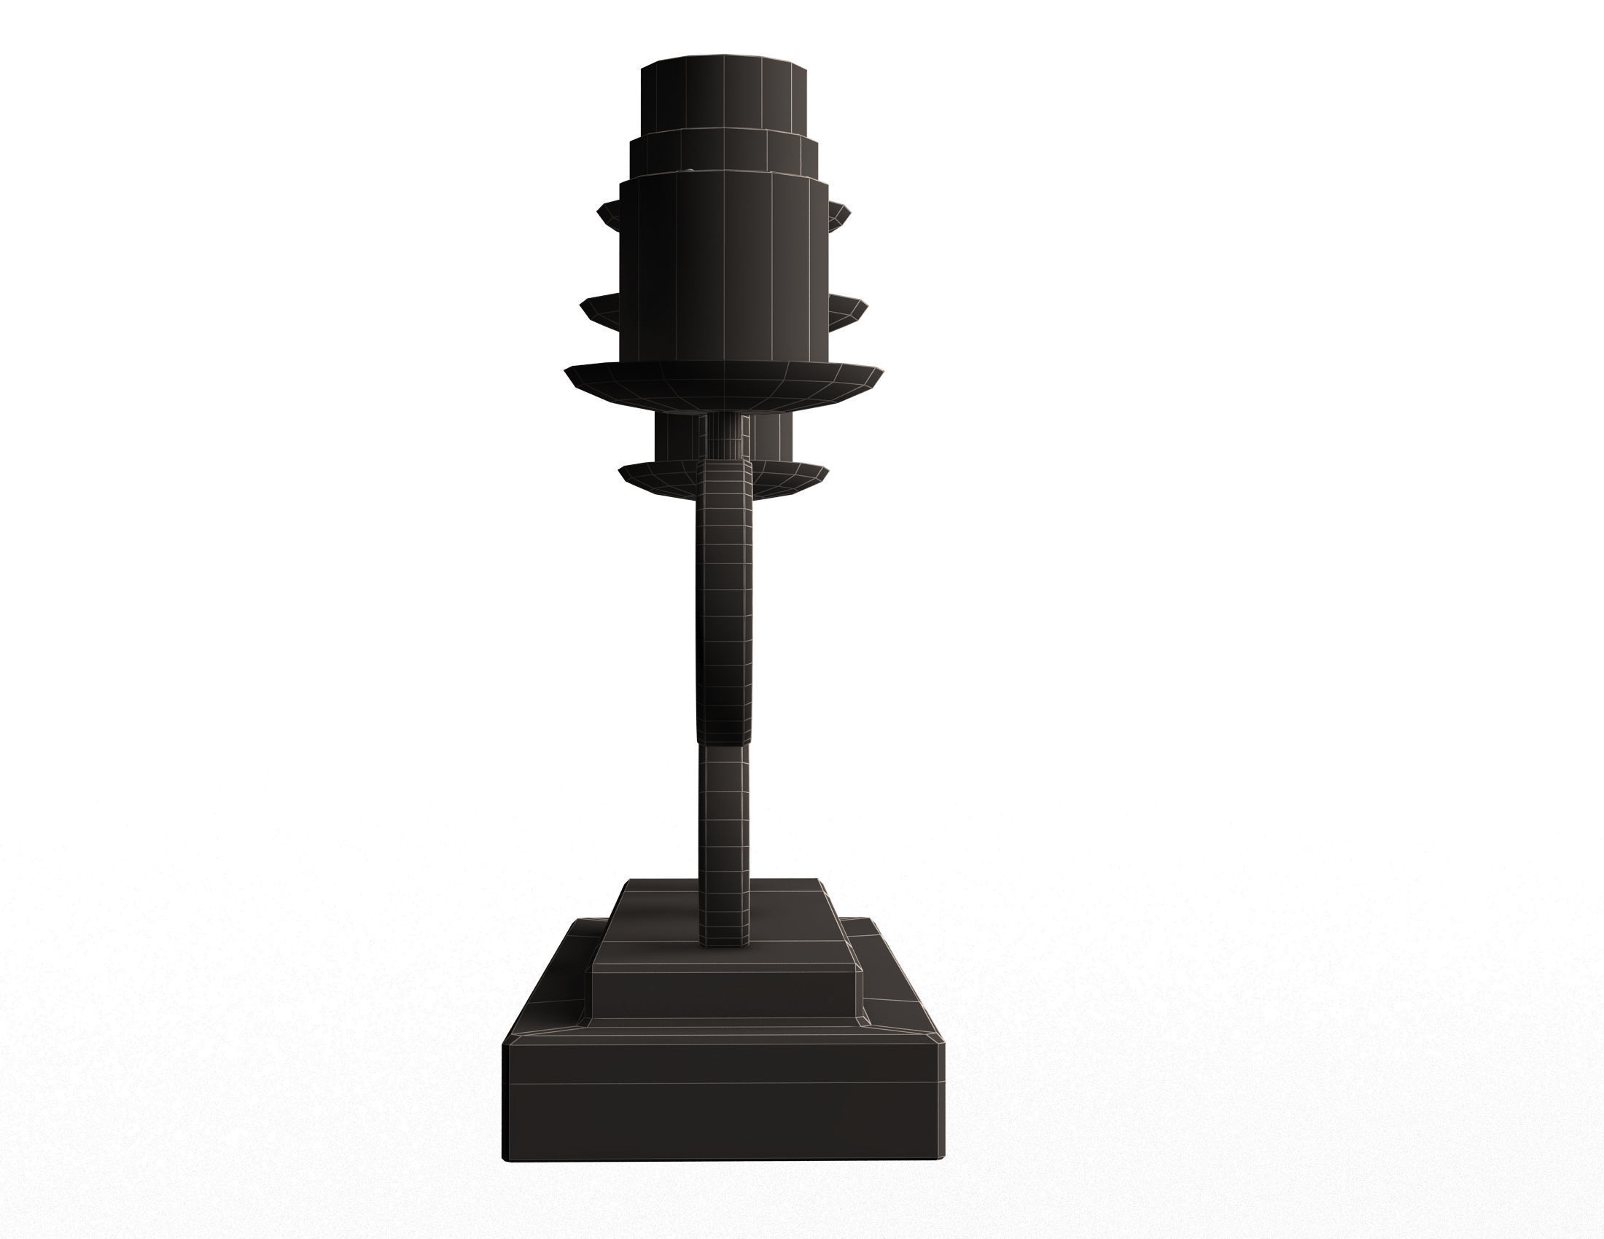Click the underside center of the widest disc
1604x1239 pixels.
(x=723, y=396)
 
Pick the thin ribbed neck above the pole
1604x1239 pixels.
(x=724, y=437)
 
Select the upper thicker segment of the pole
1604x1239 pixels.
(x=724, y=602)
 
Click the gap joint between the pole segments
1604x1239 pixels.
(x=724, y=744)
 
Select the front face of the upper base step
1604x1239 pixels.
(x=723, y=996)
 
